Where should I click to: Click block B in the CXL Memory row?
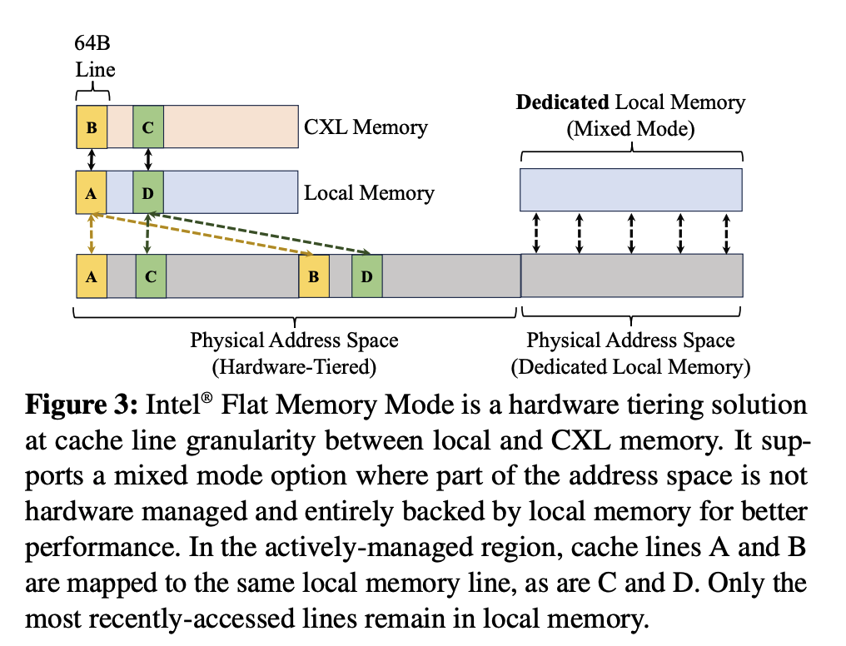pyautogui.click(x=92, y=127)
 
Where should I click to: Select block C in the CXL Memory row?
pyautogui.click(x=148, y=127)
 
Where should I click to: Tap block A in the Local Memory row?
pyautogui.click(x=92, y=191)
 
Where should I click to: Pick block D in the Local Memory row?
pyautogui.click(x=148, y=191)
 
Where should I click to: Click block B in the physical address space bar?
pyautogui.click(x=314, y=276)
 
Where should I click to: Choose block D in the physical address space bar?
pyautogui.click(x=366, y=276)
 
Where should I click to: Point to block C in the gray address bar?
pyautogui.click(x=151, y=276)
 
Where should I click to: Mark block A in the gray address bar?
pyautogui.click(x=92, y=276)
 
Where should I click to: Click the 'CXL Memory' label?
pyautogui.click(x=366, y=127)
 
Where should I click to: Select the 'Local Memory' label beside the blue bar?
pyautogui.click(x=369, y=193)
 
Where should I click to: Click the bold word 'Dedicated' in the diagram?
pyautogui.click(x=563, y=103)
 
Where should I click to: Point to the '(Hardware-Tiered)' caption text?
pyautogui.click(x=294, y=366)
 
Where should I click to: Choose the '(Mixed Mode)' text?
pyautogui.click(x=630, y=129)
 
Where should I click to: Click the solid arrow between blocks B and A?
pyautogui.click(x=92, y=159)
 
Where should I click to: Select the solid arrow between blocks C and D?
pyautogui.click(x=148, y=159)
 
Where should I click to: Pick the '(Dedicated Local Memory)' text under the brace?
pyautogui.click(x=630, y=366)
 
